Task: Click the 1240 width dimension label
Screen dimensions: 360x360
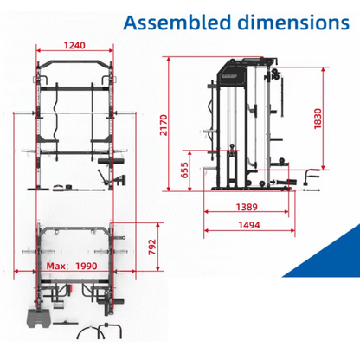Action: pyautogui.click(x=74, y=45)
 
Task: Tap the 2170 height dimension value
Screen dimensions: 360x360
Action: pyautogui.click(x=164, y=125)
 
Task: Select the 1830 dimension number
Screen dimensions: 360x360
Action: pyautogui.click(x=318, y=119)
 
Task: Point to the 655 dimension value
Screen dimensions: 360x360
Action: pyautogui.click(x=184, y=170)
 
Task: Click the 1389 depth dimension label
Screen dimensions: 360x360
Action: pyautogui.click(x=247, y=207)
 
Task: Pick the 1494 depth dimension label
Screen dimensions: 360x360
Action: pyautogui.click(x=249, y=225)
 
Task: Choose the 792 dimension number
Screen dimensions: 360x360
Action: pyautogui.click(x=152, y=247)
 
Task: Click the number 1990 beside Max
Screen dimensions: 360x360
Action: pyautogui.click(x=87, y=266)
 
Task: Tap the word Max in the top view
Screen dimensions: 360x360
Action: pyautogui.click(x=56, y=266)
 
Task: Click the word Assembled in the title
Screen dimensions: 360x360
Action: pyautogui.click(x=177, y=22)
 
